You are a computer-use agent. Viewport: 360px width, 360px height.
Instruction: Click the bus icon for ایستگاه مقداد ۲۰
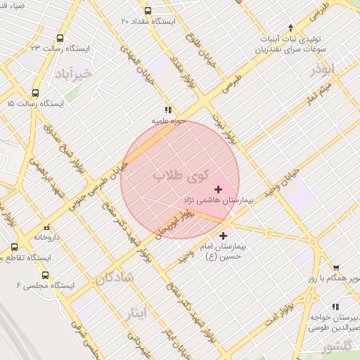[148, 11]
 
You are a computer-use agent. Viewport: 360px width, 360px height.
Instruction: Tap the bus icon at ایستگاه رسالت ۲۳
[60, 39]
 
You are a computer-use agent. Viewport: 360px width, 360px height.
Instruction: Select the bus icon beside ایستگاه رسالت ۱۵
[36, 93]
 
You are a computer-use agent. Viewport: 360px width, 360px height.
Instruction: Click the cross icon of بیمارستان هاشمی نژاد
[219, 189]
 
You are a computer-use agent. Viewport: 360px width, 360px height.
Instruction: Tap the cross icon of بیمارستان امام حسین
[224, 236]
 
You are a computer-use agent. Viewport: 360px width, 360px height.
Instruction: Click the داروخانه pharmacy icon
[47, 228]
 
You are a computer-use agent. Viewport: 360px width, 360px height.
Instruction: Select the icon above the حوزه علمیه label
[167, 110]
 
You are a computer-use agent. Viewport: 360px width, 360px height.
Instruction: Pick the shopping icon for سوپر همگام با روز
[336, 267]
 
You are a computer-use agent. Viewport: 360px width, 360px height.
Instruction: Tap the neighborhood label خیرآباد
[73, 73]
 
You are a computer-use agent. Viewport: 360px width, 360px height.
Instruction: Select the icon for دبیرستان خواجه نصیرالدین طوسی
[335, 307]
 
